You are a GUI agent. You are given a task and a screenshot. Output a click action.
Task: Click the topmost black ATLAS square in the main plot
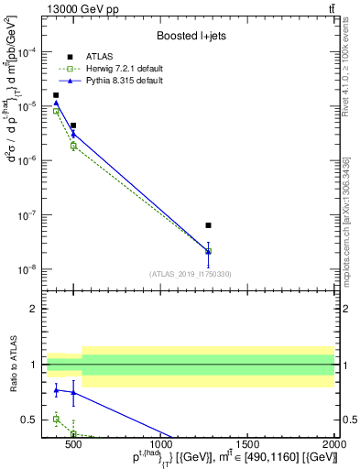pos(56,95)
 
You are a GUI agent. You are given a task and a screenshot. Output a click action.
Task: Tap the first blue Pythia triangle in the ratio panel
pos(56,390)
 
